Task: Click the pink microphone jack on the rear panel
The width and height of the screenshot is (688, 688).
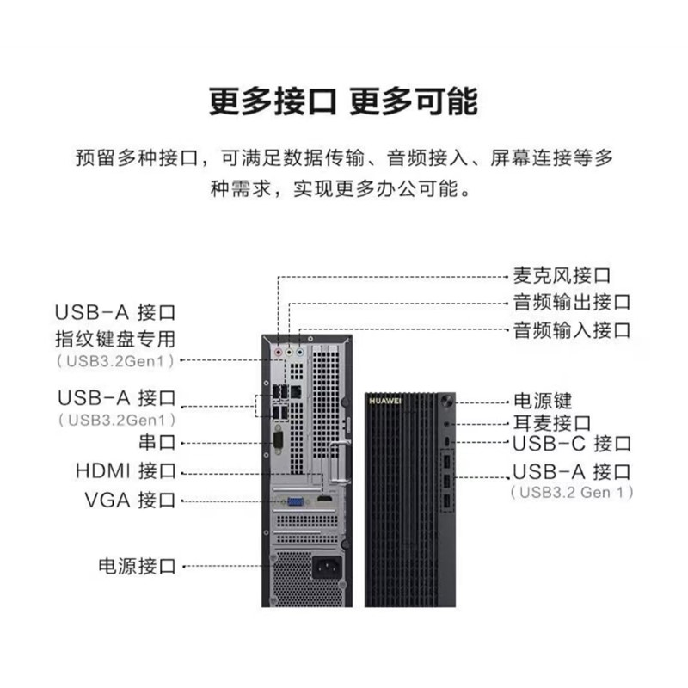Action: pos(278,352)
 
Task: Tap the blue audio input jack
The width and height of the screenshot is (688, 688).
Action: pos(299,352)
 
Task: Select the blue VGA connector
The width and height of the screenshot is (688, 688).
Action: pos(296,501)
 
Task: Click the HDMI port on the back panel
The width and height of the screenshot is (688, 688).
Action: pos(325,500)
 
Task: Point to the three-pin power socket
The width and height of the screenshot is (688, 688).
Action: pos(327,568)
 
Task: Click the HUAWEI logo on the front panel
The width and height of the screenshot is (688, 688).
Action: pos(384,401)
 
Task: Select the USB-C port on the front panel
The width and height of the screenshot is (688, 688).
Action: pos(446,441)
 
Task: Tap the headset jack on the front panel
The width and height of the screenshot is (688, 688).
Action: pos(446,424)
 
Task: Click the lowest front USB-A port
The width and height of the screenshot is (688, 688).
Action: pos(446,502)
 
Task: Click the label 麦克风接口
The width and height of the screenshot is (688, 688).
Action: pos(562,275)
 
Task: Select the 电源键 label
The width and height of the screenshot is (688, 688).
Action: pos(543,401)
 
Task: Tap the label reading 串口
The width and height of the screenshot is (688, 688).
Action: pos(157,442)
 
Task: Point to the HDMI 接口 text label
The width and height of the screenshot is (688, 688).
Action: pos(126,470)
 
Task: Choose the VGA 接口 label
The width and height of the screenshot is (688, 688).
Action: pos(131,501)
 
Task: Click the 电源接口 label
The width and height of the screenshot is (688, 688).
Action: pos(137,566)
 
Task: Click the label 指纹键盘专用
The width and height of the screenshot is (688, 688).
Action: pos(115,339)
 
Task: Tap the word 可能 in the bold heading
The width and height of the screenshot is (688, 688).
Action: pos(446,101)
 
